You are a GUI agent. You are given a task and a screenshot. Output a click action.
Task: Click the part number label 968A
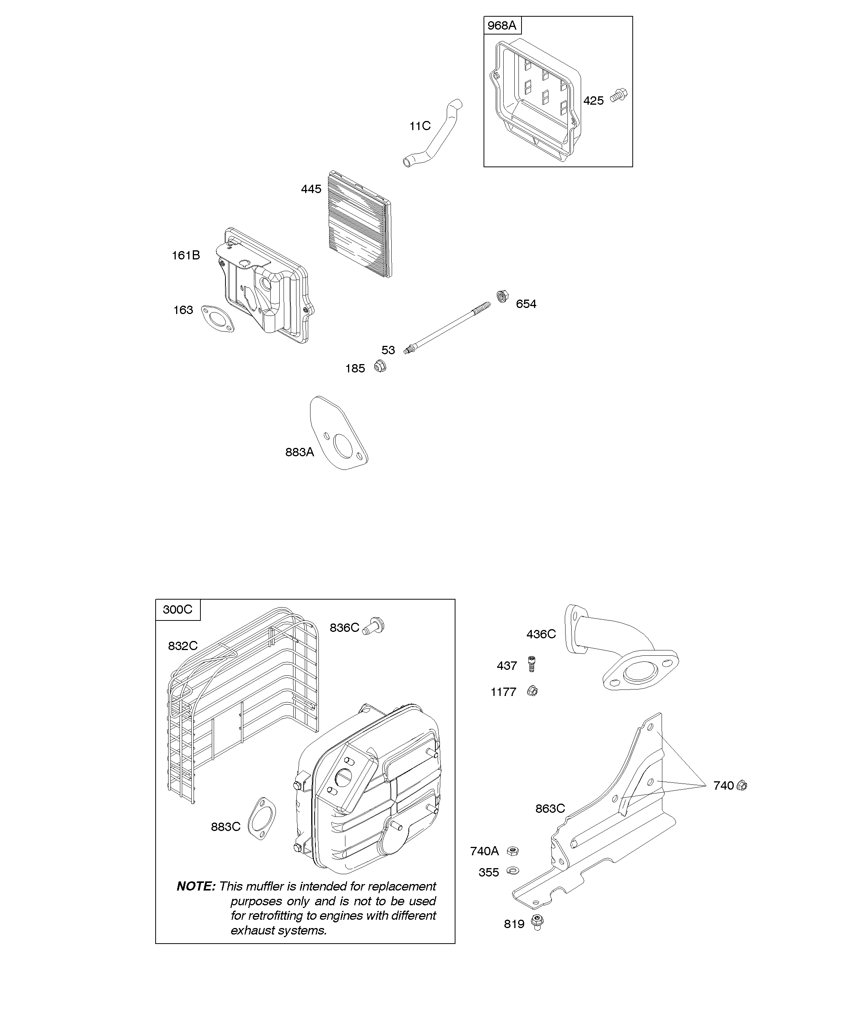tap(502, 25)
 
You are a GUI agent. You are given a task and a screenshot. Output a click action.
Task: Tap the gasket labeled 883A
tap(340, 433)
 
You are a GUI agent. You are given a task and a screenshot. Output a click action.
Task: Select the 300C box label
tap(178, 609)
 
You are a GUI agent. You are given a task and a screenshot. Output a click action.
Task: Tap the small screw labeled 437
tap(531, 664)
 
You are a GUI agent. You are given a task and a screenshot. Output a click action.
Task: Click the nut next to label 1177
tap(533, 691)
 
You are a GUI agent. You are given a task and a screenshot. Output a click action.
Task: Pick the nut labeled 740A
tap(512, 851)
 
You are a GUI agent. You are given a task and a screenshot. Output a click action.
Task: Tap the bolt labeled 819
tap(537, 923)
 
